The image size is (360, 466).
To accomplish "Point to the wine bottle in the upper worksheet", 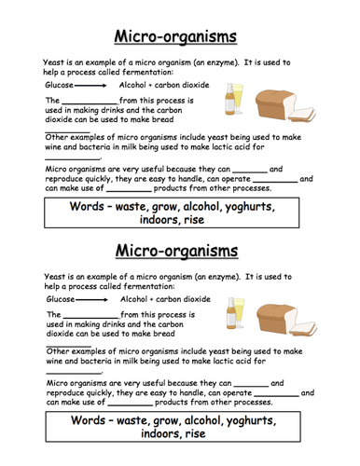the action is tap(230, 103).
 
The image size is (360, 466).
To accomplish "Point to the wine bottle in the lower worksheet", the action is tap(230, 318).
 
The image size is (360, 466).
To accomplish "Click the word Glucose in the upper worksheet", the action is tap(60, 85).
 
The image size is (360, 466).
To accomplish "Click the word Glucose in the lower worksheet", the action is tap(60, 300).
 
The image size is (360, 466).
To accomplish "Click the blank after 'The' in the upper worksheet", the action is tap(90, 100).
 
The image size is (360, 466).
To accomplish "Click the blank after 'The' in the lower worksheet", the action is tap(90, 315).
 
